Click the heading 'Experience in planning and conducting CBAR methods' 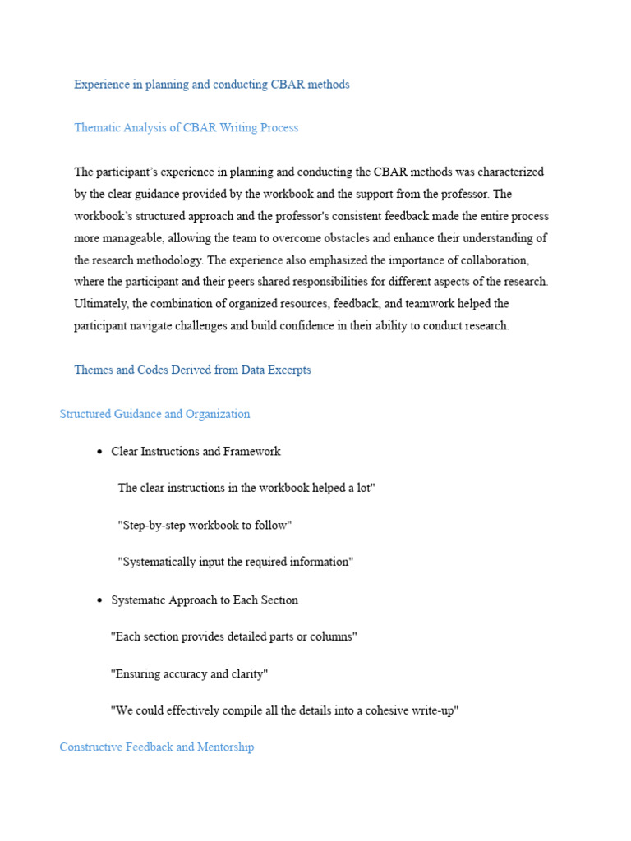click(x=211, y=85)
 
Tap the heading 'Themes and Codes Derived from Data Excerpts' click(x=192, y=370)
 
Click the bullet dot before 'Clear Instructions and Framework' click(x=99, y=453)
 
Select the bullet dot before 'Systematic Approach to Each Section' click(x=99, y=601)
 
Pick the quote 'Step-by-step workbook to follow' click(x=205, y=526)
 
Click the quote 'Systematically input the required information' click(x=235, y=563)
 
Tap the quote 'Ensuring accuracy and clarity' click(x=189, y=674)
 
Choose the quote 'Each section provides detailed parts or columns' click(x=233, y=637)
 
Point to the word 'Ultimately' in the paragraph click(x=99, y=304)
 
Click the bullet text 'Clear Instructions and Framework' click(x=196, y=452)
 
